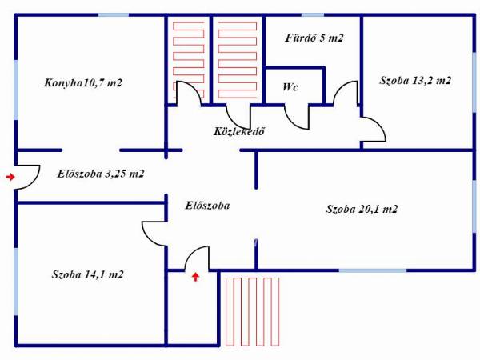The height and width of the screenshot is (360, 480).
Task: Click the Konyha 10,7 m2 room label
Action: pyautogui.click(x=83, y=83)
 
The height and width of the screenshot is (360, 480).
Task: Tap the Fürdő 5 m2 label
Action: pyautogui.click(x=314, y=38)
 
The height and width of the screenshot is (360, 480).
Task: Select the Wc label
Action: pyautogui.click(x=290, y=87)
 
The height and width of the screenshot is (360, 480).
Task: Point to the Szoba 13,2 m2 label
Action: pyautogui.click(x=415, y=81)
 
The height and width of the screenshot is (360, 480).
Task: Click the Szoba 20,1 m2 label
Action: pyautogui.click(x=362, y=209)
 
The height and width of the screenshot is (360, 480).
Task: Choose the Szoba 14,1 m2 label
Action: pyautogui.click(x=87, y=274)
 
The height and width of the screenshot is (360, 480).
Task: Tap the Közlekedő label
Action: pyautogui.click(x=239, y=132)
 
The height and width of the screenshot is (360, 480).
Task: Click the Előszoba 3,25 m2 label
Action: pyautogui.click(x=101, y=174)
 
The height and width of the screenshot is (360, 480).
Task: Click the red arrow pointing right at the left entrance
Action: pyautogui.click(x=10, y=177)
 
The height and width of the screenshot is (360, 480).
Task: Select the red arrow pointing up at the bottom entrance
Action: pyautogui.click(x=196, y=277)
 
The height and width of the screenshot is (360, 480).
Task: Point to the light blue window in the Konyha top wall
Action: pyautogui.click(x=114, y=14)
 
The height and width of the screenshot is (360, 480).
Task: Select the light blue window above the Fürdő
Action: pyautogui.click(x=313, y=14)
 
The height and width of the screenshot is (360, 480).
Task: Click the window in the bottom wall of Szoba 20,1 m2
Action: pyautogui.click(x=373, y=270)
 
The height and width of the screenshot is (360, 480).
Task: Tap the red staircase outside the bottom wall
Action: pyautogui.click(x=253, y=312)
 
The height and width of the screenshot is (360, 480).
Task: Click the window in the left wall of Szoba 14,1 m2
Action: pyautogui.click(x=16, y=282)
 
